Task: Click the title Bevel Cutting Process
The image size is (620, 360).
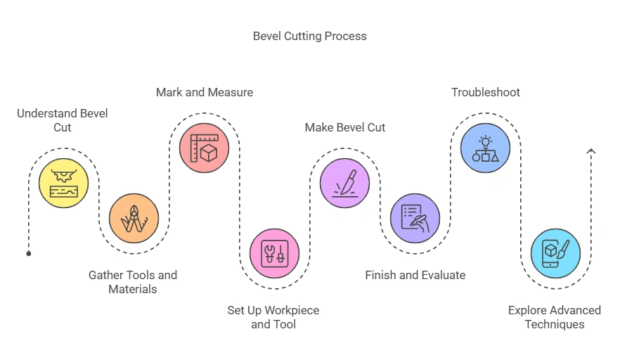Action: (x=309, y=36)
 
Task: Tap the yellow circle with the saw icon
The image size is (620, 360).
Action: (x=64, y=183)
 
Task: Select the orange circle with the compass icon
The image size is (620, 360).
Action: (x=134, y=218)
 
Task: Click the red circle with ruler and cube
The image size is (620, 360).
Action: (x=204, y=148)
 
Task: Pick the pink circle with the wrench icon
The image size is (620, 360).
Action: (x=274, y=253)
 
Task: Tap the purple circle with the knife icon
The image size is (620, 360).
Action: (x=344, y=183)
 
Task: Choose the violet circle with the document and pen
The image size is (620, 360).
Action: (x=415, y=218)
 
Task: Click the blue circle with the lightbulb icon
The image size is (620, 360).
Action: (x=485, y=148)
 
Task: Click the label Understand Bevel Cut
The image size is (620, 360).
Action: (x=63, y=120)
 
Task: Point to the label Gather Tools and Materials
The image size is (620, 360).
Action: (x=133, y=282)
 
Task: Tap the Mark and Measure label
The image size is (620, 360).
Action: (x=205, y=92)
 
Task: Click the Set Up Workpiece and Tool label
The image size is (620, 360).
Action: (x=273, y=317)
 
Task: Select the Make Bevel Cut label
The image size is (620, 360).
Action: (x=345, y=127)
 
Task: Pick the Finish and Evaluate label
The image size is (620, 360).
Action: (x=415, y=275)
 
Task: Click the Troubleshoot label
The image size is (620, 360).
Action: (x=486, y=92)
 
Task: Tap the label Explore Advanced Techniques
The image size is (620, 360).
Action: (x=555, y=317)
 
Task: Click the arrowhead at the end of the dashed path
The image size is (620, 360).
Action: (x=590, y=150)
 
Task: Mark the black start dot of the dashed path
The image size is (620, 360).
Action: (x=29, y=253)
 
